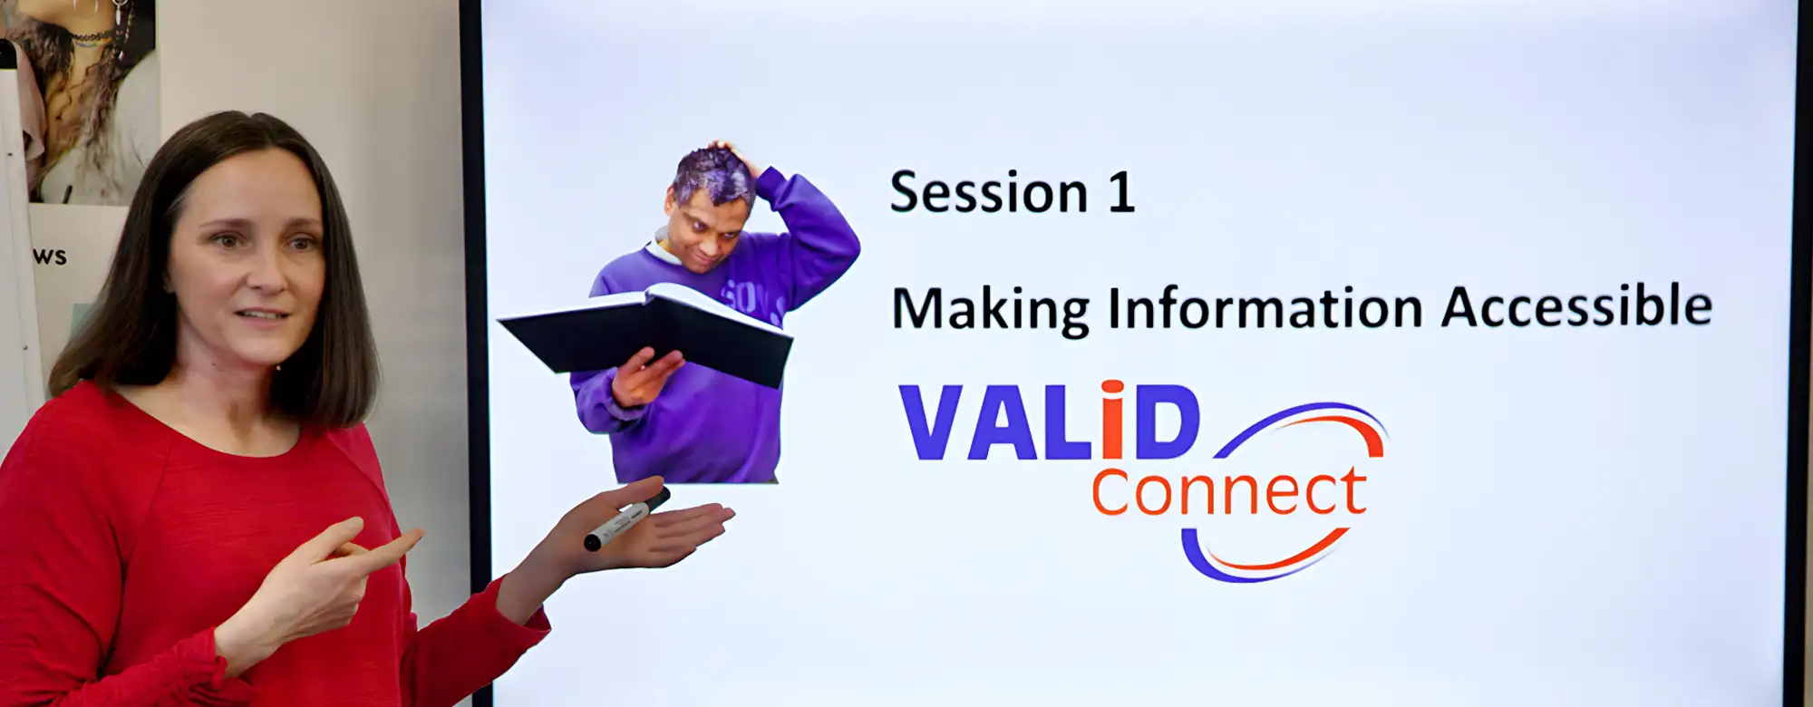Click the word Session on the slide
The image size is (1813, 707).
tap(989, 192)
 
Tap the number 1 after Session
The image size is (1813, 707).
tap(1122, 193)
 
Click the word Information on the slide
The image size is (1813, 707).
tap(1265, 307)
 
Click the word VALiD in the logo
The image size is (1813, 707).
tap(1050, 421)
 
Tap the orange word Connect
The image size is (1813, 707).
tap(1229, 492)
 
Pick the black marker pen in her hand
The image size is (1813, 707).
tap(626, 518)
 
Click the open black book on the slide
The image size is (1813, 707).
tap(645, 334)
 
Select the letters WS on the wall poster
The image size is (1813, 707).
tap(50, 257)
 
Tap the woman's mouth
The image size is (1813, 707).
tap(262, 316)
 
